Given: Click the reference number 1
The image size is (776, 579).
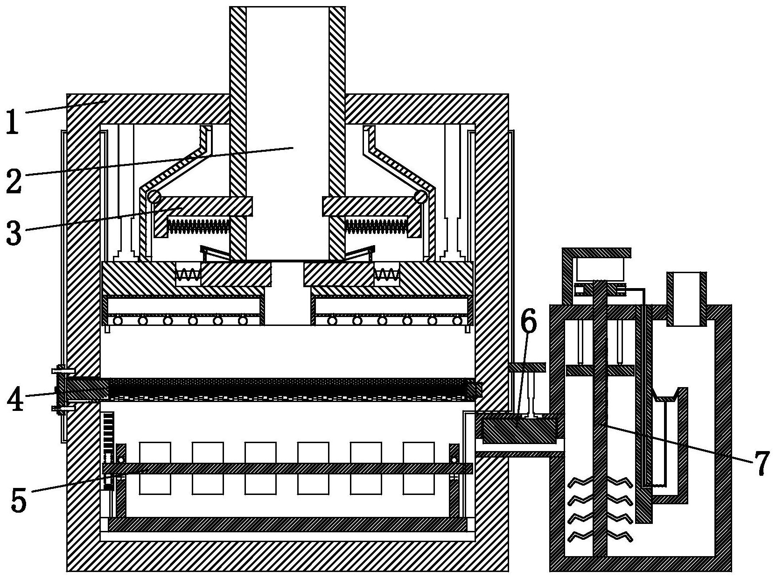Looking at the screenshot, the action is (x=13, y=120).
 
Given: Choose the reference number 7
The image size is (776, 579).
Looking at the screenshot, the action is (x=760, y=463).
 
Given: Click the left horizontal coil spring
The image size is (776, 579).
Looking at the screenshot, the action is (x=199, y=226).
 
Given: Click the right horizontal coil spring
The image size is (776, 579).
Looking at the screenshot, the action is (x=376, y=226).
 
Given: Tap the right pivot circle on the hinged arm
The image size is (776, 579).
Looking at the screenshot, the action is (x=421, y=197).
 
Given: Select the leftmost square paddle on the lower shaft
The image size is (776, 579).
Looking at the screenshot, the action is (x=155, y=468).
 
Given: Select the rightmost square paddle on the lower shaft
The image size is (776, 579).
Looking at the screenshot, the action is (x=419, y=468).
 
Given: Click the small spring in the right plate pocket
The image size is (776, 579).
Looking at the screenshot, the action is (x=386, y=274).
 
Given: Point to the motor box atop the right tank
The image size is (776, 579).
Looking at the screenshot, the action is (x=599, y=269).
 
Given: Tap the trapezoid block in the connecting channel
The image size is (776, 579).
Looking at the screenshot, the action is (x=519, y=430).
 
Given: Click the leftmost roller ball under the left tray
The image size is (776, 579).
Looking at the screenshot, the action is (x=117, y=321).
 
